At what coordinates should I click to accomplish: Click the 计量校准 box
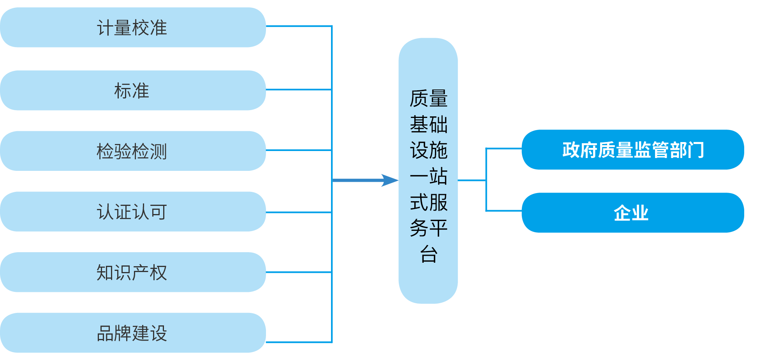(132, 28)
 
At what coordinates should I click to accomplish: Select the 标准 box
(132, 90)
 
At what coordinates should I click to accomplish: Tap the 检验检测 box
(132, 151)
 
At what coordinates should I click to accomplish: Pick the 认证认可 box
(132, 212)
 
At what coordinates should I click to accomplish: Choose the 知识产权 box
(132, 272)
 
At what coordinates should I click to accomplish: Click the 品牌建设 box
(132, 333)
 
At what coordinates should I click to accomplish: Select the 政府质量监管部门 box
(632, 150)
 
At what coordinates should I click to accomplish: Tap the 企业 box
(632, 212)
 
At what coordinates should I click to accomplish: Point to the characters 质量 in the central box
(428, 98)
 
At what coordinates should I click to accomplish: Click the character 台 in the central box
(428, 254)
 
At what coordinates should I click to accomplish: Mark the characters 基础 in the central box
(428, 125)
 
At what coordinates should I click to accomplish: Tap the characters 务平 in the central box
(428, 228)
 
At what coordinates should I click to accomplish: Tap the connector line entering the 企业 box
(504, 211)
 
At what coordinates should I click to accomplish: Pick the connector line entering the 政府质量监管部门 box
(504, 148)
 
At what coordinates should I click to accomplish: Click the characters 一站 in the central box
(428, 176)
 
